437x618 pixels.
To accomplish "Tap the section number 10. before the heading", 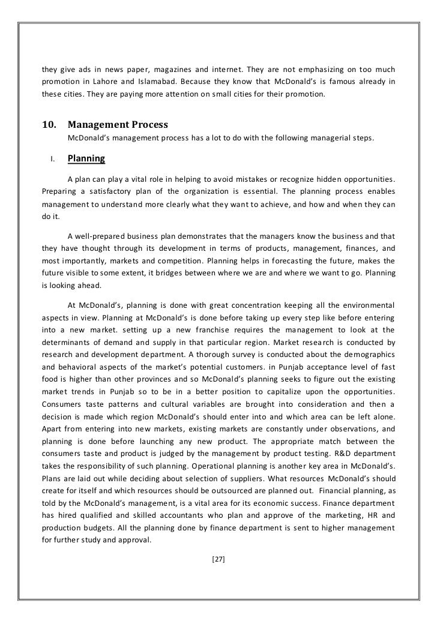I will click(x=49, y=125).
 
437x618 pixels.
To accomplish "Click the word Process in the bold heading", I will click(x=146, y=125).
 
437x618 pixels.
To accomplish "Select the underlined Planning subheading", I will click(x=86, y=159).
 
